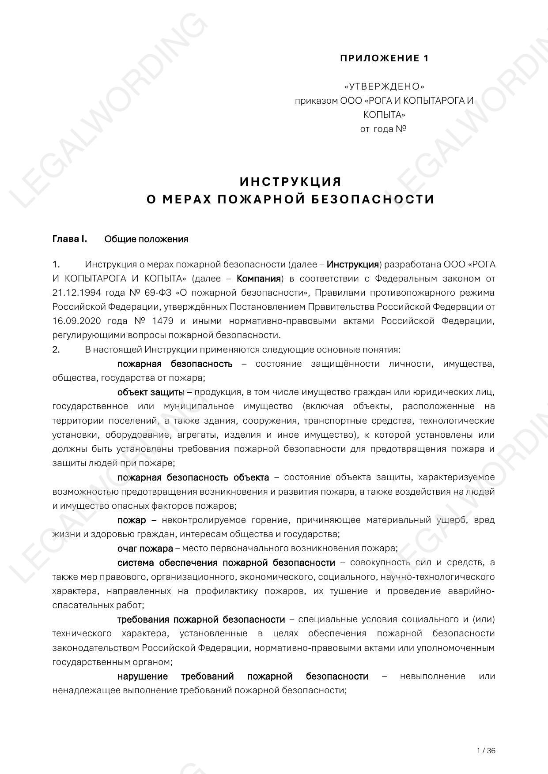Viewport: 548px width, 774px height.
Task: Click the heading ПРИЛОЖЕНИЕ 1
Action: coord(384,58)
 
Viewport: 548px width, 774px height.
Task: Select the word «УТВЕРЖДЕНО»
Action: coord(384,86)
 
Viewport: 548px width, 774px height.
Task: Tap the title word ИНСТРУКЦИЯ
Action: coord(291,182)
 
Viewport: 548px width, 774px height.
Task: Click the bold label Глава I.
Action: coord(70,239)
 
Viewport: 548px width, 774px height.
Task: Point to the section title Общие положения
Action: coord(146,239)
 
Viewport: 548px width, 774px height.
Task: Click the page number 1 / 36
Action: coord(486,751)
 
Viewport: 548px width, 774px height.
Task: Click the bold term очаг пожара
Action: coord(145,549)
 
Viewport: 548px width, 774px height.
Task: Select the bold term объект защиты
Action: coord(151,392)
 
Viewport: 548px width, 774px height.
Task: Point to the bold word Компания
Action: coord(259,278)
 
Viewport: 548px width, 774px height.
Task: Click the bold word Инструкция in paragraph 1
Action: coord(353,264)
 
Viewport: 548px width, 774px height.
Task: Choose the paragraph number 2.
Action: coord(56,349)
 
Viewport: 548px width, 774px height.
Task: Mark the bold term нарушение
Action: coord(143,676)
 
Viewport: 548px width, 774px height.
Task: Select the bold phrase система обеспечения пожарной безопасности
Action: coord(226,563)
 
